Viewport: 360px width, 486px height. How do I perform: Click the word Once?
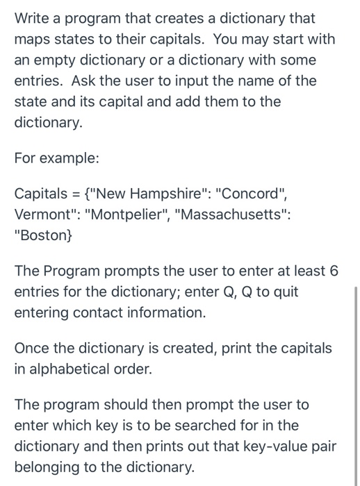[x=33, y=348]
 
